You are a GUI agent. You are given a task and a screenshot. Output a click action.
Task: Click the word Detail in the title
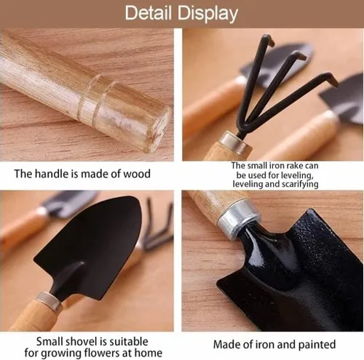(x=149, y=13)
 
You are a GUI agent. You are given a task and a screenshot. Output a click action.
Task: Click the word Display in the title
(x=207, y=14)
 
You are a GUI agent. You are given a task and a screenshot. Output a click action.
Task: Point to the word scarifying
(x=300, y=184)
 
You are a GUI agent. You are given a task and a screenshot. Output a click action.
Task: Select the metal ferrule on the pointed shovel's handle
(x=49, y=301)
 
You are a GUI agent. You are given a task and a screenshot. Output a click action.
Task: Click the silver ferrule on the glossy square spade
(x=237, y=220)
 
